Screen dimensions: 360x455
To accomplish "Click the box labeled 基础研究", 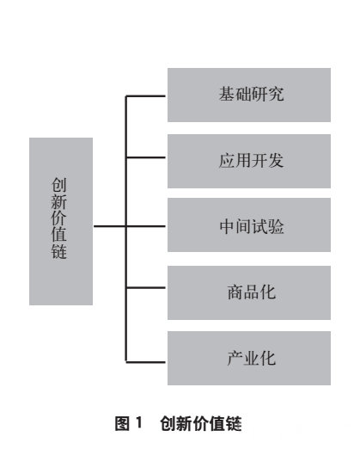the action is (249, 95).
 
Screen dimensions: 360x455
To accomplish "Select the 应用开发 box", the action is (249, 161).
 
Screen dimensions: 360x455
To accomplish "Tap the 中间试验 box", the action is (249, 224).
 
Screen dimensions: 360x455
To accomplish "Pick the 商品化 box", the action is (249, 292).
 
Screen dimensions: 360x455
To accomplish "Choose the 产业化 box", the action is (249, 358).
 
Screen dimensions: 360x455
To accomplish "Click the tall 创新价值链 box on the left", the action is (61, 221).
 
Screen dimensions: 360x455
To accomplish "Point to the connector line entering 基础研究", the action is (146, 95).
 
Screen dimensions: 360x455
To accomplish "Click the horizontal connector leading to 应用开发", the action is (146, 157).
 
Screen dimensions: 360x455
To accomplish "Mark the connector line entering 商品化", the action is (146, 288).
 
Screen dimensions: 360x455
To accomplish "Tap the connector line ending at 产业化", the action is (146, 362).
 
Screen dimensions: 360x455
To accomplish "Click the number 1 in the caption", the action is (139, 422).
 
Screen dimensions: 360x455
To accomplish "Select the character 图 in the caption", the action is (122, 423).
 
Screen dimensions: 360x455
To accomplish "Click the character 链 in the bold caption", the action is (234, 423).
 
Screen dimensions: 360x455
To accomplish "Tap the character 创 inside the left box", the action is (58, 185).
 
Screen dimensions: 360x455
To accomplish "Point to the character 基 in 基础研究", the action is (227, 94).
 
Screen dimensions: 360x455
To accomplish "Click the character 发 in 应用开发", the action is (276, 161).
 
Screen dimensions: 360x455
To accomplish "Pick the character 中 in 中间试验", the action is (228, 226).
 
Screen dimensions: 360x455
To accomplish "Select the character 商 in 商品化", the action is (235, 292).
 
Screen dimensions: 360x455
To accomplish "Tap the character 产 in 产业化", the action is (235, 358).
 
